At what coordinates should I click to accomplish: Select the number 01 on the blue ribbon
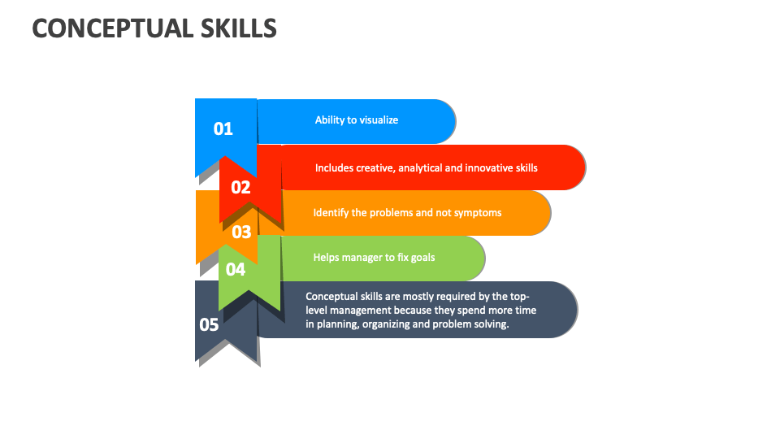223,128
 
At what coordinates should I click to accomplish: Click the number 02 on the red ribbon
240,187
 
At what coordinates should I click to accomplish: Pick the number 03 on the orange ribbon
241,233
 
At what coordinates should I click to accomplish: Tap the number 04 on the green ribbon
235,269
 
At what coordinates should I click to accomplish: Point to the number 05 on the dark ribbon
209,324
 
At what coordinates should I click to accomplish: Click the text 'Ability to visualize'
357,120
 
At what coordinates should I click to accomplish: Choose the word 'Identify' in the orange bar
331,213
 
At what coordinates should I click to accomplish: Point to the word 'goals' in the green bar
422,258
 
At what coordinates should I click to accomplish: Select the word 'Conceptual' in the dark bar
332,297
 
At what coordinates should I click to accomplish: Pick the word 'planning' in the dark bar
338,324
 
